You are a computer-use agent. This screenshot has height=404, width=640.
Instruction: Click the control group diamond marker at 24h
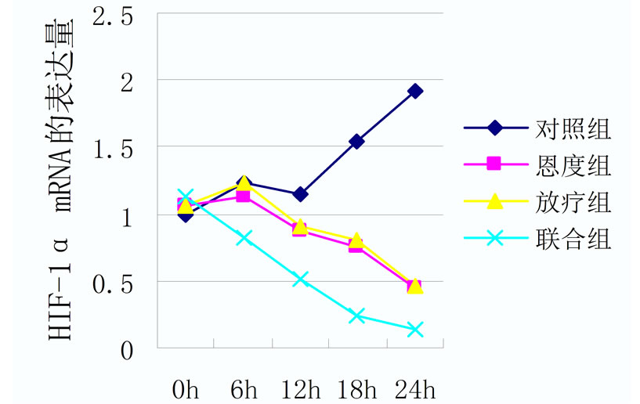pyautogui.click(x=415, y=91)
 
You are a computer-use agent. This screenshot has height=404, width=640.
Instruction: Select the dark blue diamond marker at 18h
pyautogui.click(x=357, y=141)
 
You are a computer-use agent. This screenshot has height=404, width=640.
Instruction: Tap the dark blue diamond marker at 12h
pyautogui.click(x=300, y=193)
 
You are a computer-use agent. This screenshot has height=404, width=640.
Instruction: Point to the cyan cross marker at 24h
pyautogui.click(x=415, y=330)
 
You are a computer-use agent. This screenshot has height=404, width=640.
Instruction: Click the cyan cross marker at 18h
pyautogui.click(x=357, y=316)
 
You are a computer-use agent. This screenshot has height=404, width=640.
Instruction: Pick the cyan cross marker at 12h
pyautogui.click(x=300, y=279)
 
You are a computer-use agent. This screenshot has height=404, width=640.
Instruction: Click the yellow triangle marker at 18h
pyautogui.click(x=357, y=240)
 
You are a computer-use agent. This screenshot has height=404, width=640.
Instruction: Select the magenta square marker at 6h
pyautogui.click(x=243, y=196)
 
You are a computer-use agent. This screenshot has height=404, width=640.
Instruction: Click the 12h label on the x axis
pyautogui.click(x=300, y=388)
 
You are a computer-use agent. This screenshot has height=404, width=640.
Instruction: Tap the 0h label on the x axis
pyautogui.click(x=186, y=388)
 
